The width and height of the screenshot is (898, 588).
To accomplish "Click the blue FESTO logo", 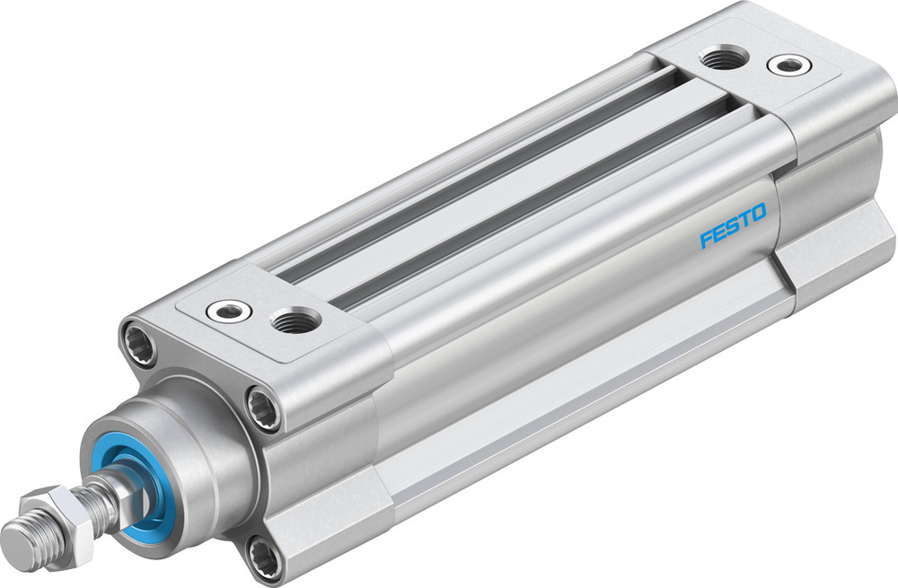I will coord(733,226).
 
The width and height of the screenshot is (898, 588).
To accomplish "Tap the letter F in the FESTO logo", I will coord(706,240).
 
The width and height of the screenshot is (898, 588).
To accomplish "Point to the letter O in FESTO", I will coord(759,213).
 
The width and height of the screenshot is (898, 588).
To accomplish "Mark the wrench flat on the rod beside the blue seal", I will coord(112,489).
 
